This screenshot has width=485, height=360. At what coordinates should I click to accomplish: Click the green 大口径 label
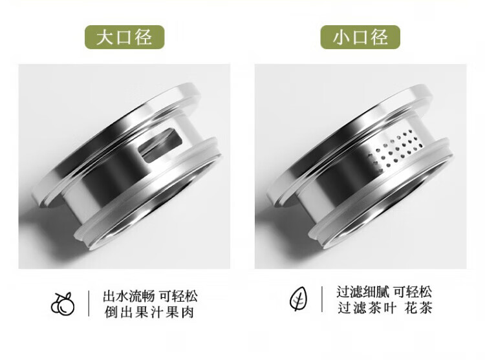[x=124, y=37]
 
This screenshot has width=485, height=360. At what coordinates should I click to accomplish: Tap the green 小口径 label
[x=360, y=37]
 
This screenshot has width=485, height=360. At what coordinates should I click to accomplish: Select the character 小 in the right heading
[x=341, y=37]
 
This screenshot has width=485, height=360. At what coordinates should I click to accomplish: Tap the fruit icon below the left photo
[x=63, y=304]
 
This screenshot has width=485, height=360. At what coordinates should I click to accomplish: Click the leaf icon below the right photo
[x=299, y=298]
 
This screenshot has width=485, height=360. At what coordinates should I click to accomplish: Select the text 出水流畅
[x=129, y=297]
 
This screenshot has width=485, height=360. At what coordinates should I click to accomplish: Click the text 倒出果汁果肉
[x=149, y=312]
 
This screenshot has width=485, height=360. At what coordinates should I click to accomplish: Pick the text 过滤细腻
[x=363, y=291]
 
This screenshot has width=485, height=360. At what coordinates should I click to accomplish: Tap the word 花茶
[x=418, y=308]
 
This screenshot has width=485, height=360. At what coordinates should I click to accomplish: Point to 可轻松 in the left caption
[x=178, y=297]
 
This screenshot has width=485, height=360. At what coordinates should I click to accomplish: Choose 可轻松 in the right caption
[x=413, y=291]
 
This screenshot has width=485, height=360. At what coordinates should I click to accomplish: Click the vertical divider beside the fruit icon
[x=89, y=304]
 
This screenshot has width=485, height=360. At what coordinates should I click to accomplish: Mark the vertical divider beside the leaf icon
[x=322, y=299]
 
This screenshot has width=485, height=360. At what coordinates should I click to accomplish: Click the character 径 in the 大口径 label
[x=143, y=37]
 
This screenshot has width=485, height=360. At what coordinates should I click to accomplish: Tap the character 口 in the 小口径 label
[x=360, y=37]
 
